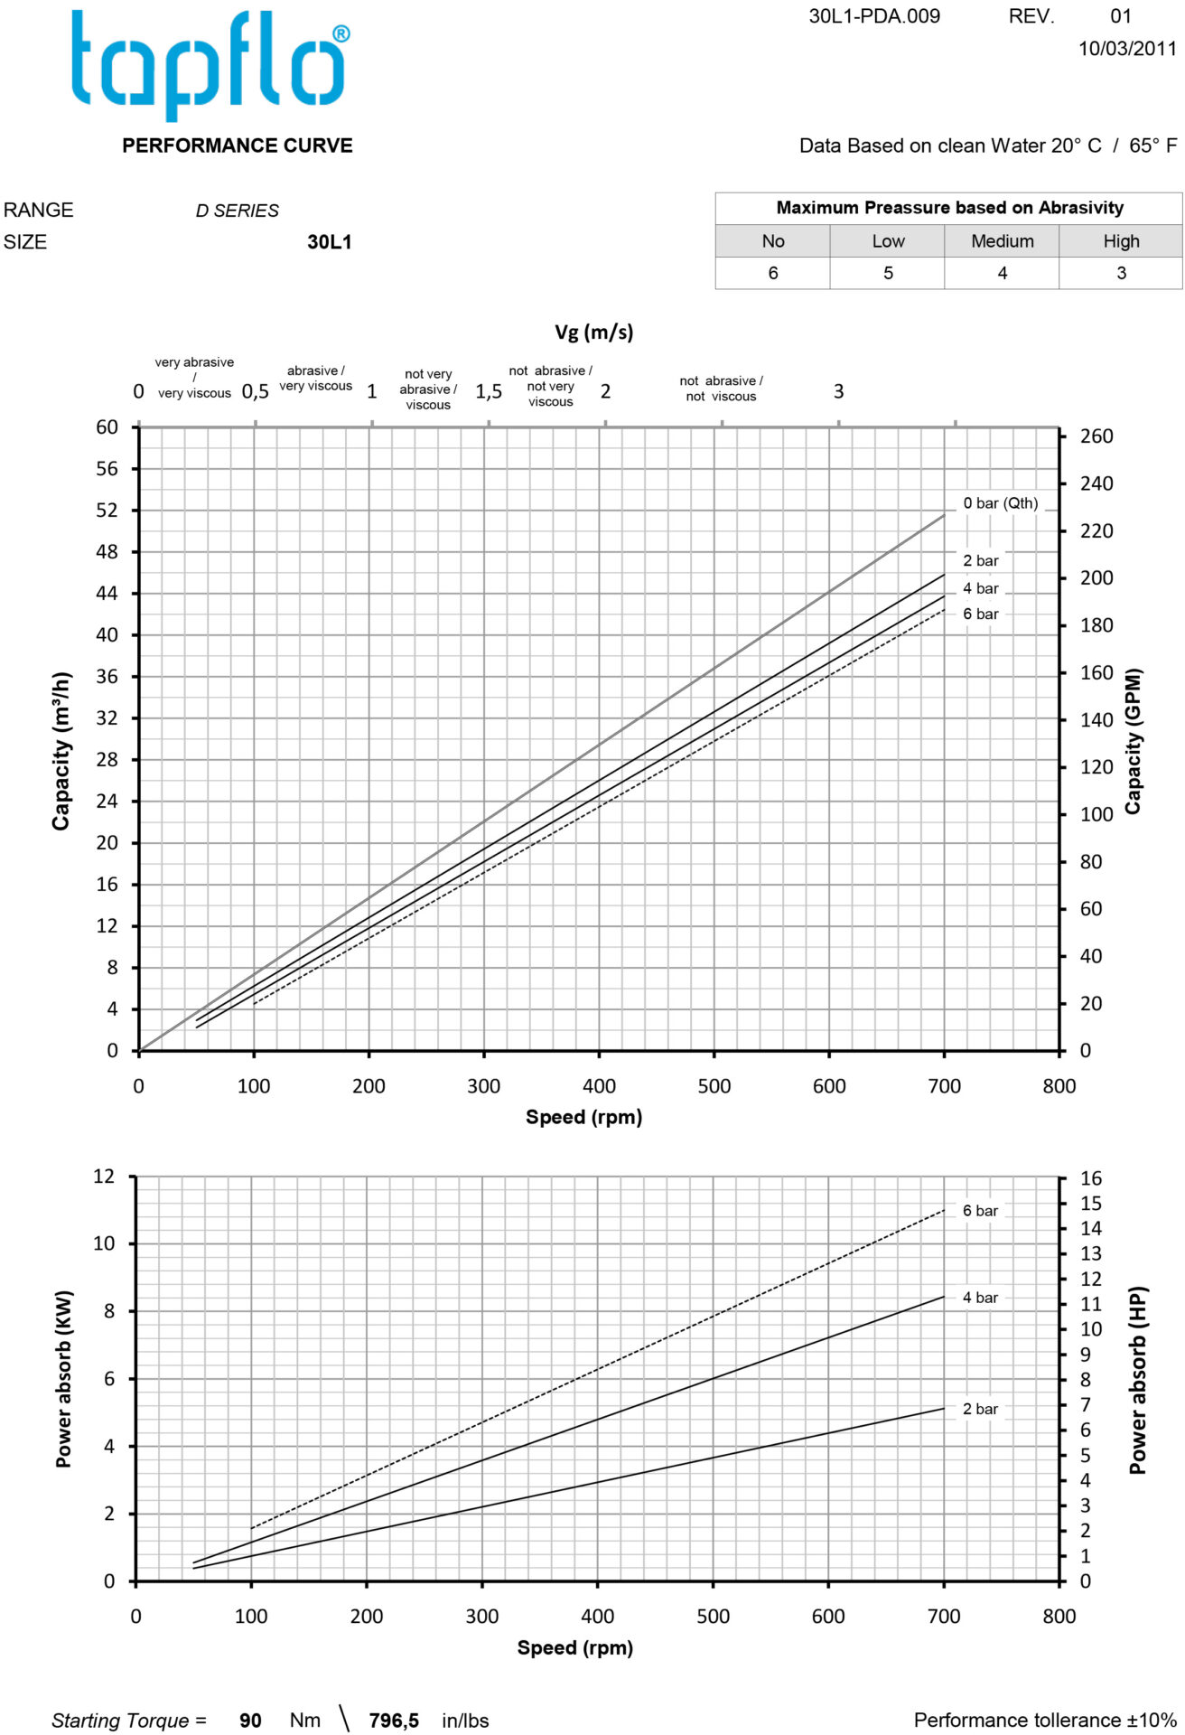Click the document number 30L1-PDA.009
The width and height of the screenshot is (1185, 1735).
point(873,16)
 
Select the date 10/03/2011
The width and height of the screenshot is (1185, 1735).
point(1126,49)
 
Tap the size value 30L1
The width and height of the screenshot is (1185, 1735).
point(329,242)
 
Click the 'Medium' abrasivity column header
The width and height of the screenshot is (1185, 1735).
point(1002,241)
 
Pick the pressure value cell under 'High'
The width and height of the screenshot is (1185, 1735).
point(1121,273)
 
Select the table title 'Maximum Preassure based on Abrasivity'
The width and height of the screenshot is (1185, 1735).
point(949,208)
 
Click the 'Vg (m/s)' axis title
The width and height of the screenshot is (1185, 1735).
point(593,333)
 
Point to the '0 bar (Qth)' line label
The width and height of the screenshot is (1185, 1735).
point(1000,503)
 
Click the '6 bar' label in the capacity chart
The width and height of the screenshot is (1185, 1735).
point(980,614)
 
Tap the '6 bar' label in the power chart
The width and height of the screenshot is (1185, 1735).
point(980,1211)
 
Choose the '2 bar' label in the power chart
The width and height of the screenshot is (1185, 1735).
point(980,1409)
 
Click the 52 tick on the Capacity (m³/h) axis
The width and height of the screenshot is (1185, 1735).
point(107,511)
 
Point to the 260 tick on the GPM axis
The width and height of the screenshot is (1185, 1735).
point(1096,436)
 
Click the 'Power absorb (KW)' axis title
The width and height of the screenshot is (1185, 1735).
point(63,1378)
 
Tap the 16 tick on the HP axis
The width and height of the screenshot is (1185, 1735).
point(1091,1178)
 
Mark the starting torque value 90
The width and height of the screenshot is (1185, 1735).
point(250,1721)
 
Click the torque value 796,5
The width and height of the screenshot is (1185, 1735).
point(394,1721)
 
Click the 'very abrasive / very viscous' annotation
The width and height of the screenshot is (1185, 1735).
point(194,378)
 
